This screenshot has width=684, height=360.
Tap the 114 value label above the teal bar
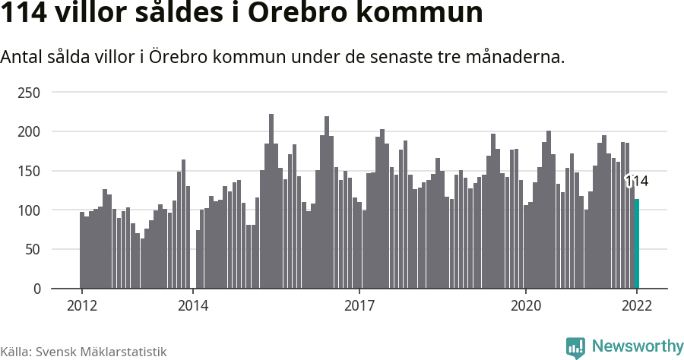point(636,182)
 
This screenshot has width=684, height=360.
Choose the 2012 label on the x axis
point(81,306)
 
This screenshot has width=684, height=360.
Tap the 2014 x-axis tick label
point(193,306)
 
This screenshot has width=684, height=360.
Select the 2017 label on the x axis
point(359,306)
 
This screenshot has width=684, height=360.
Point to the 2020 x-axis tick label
point(526,306)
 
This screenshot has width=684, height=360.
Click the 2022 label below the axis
point(637,306)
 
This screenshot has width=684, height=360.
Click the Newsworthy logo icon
point(575,347)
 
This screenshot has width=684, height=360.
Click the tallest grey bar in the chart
point(271,201)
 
